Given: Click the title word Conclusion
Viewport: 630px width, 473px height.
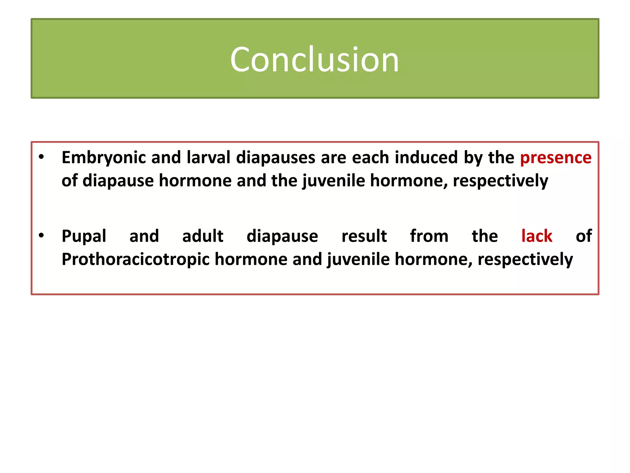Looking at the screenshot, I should [x=314, y=59].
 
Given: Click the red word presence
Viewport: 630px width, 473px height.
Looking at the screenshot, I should [x=556, y=158].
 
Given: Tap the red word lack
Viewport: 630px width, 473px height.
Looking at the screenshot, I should [x=537, y=236].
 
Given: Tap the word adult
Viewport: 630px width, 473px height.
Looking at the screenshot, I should [x=203, y=236].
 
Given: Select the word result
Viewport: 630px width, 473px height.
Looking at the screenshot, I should [x=364, y=236].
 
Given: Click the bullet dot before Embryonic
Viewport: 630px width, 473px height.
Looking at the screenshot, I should [x=42, y=157].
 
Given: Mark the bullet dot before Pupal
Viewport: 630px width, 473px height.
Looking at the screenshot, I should [x=42, y=236].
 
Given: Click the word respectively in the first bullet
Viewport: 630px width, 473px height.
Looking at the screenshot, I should [x=500, y=181].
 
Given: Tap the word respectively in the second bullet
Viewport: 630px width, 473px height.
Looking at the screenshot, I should [x=525, y=260].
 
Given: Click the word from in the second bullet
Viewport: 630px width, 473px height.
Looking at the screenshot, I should [x=429, y=236].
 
